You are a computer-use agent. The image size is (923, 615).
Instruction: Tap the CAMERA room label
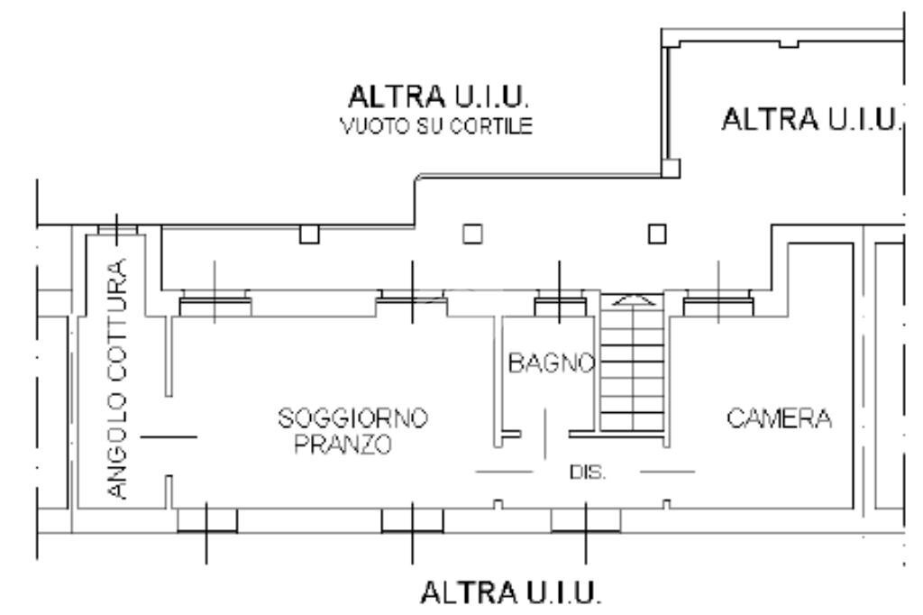click(x=779, y=419)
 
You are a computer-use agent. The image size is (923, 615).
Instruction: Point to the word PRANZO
click(x=343, y=445)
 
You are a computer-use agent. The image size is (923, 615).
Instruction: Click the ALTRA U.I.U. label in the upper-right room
click(x=811, y=118)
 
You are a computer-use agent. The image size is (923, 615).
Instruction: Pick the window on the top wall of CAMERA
click(x=718, y=307)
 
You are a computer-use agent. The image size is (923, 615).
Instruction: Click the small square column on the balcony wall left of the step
click(x=309, y=235)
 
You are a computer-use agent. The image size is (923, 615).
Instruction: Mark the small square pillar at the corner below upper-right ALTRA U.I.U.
click(x=669, y=169)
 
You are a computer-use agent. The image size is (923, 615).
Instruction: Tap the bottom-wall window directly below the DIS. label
click(x=586, y=520)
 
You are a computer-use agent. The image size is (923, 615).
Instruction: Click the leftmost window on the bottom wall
click(x=207, y=520)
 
